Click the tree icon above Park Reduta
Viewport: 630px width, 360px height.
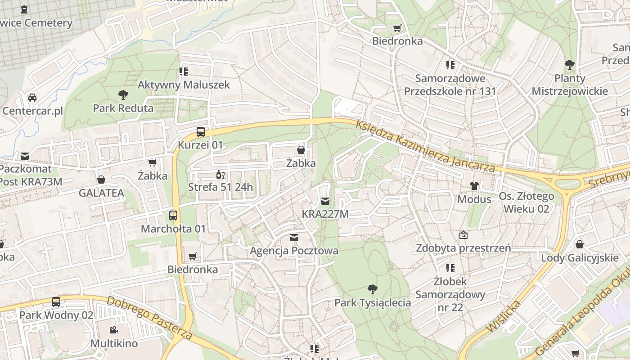click(x=123, y=95)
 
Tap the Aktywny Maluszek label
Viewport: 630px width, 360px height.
click(x=184, y=85)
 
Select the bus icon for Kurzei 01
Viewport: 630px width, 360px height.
click(x=201, y=132)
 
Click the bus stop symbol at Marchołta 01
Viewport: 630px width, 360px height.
click(x=173, y=215)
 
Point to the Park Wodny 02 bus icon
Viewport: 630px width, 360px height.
click(x=56, y=302)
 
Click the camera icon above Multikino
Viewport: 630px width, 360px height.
click(x=114, y=330)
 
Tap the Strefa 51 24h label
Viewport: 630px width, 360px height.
click(x=220, y=187)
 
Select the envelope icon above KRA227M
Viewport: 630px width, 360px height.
click(x=325, y=201)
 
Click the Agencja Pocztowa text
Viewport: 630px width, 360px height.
click(x=294, y=250)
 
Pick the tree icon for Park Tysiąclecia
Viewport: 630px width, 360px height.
click(x=372, y=289)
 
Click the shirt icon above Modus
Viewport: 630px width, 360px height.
click(x=474, y=185)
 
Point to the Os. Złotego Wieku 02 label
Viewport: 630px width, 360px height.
click(x=526, y=202)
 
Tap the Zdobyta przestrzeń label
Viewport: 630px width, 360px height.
click(x=463, y=248)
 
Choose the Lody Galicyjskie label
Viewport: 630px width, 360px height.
click(x=580, y=258)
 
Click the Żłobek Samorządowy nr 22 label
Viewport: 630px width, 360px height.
click(x=450, y=294)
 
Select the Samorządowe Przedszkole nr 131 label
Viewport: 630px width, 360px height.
click(x=450, y=85)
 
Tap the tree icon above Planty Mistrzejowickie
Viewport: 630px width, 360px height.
click(x=570, y=65)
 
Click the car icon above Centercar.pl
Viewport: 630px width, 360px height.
click(x=32, y=97)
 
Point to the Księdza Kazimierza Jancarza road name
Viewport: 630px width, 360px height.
click(x=425, y=147)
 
